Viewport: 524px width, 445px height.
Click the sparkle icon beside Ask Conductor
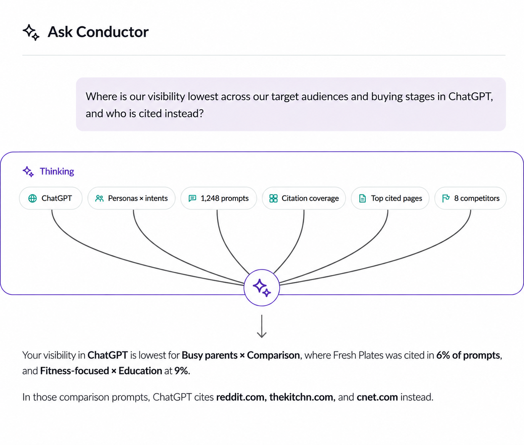pos(31,32)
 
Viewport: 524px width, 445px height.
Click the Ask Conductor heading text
pos(98,32)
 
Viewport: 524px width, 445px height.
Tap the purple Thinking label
pos(57,171)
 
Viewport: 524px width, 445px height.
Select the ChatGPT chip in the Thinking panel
pos(51,198)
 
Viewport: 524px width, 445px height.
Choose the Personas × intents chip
pos(131,198)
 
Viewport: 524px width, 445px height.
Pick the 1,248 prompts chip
pos(219,198)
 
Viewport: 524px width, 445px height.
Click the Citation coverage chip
pos(304,198)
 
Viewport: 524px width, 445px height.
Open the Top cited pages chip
pos(390,198)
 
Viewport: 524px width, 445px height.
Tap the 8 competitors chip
pos(471,198)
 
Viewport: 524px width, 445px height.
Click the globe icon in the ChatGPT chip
pos(32,198)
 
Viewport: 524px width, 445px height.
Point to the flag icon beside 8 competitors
pos(446,198)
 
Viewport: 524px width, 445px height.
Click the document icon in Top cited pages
pos(362,198)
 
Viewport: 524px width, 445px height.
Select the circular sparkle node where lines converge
pos(262,288)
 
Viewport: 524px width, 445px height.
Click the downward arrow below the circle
pos(262,326)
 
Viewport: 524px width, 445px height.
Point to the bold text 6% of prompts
pos(468,355)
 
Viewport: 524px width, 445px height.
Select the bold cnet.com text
pos(377,397)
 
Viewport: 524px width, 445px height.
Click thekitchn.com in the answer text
pos(302,397)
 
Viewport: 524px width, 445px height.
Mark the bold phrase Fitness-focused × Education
pos(101,371)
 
